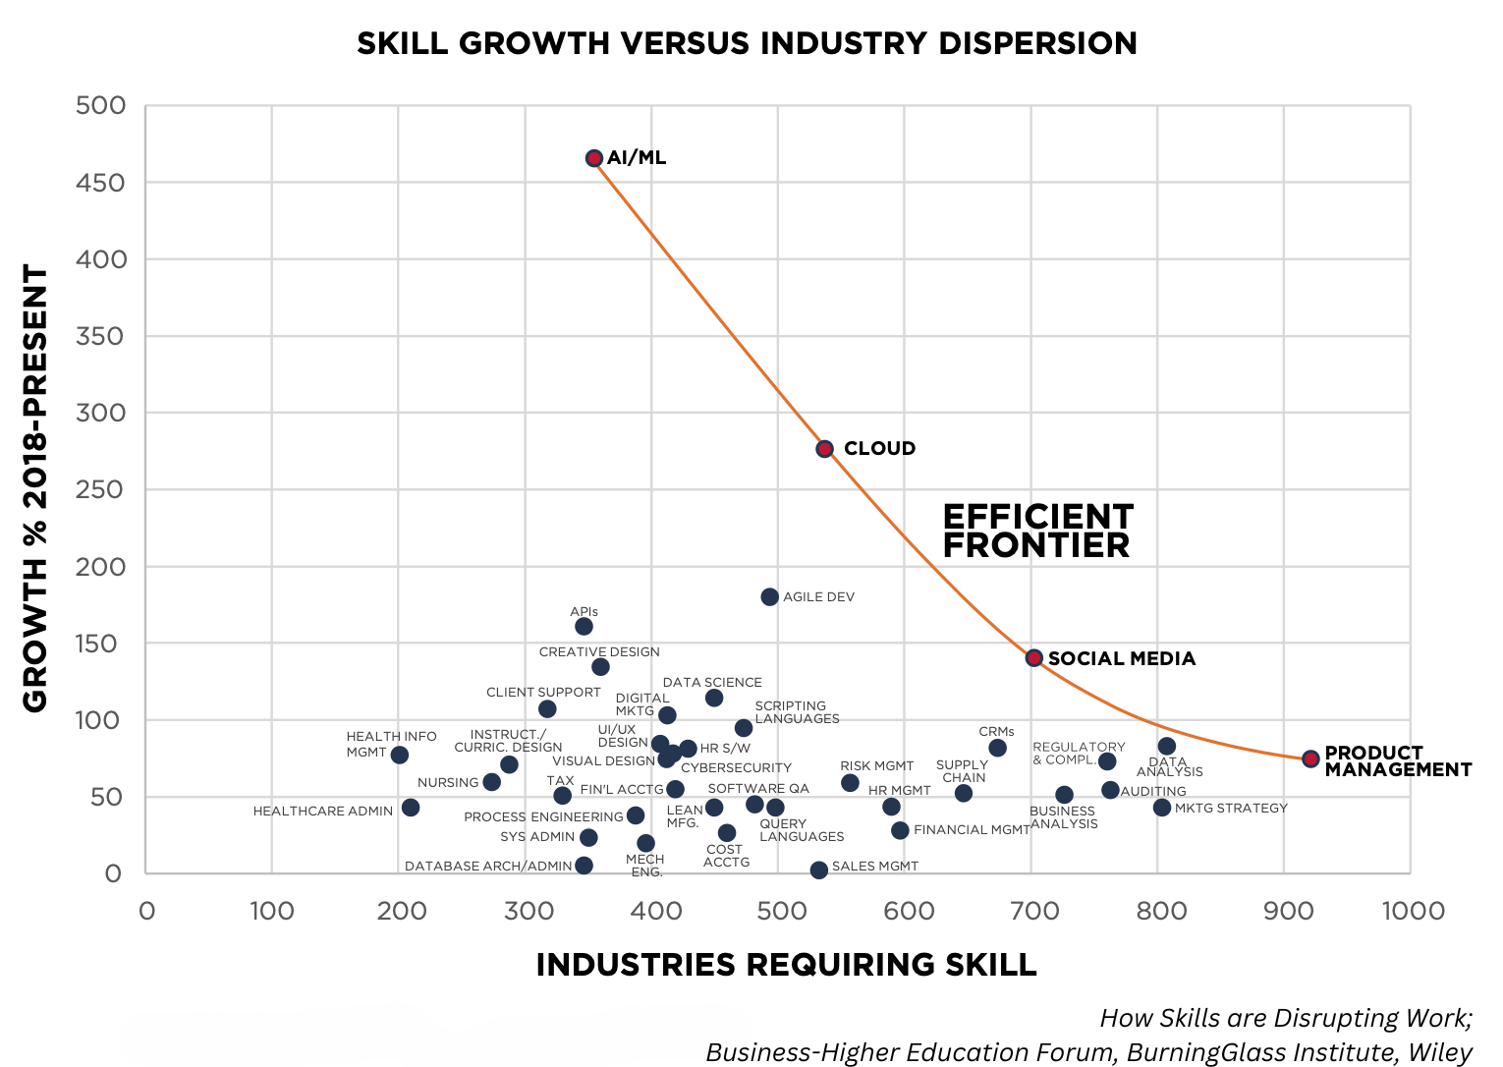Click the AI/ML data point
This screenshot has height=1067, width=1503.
[x=594, y=158]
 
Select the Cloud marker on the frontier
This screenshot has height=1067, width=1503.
[x=825, y=449]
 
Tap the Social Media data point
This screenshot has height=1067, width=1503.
[x=1034, y=658]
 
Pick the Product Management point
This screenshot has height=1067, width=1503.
[x=1310, y=758]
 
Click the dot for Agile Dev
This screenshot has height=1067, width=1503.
[x=770, y=597]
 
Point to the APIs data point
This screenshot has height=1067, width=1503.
[x=584, y=627]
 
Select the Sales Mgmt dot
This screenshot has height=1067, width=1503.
[x=819, y=870]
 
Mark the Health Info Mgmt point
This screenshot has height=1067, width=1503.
[x=400, y=756]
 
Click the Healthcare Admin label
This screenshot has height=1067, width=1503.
[x=322, y=812]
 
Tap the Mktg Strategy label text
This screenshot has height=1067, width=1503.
[x=1231, y=808]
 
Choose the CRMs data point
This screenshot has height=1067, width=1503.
[x=998, y=749]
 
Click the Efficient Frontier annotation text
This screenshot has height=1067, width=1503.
[x=1037, y=532]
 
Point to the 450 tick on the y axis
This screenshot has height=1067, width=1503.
[x=101, y=183]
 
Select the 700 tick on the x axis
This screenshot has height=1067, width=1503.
[x=1031, y=911]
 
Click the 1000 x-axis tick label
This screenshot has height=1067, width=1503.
[x=1413, y=911]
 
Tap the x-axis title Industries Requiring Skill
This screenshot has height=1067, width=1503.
[x=786, y=965]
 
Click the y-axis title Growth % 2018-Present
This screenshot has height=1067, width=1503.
[x=35, y=488]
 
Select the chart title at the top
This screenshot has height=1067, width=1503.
[x=747, y=43]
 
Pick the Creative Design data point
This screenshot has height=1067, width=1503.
[x=601, y=667]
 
